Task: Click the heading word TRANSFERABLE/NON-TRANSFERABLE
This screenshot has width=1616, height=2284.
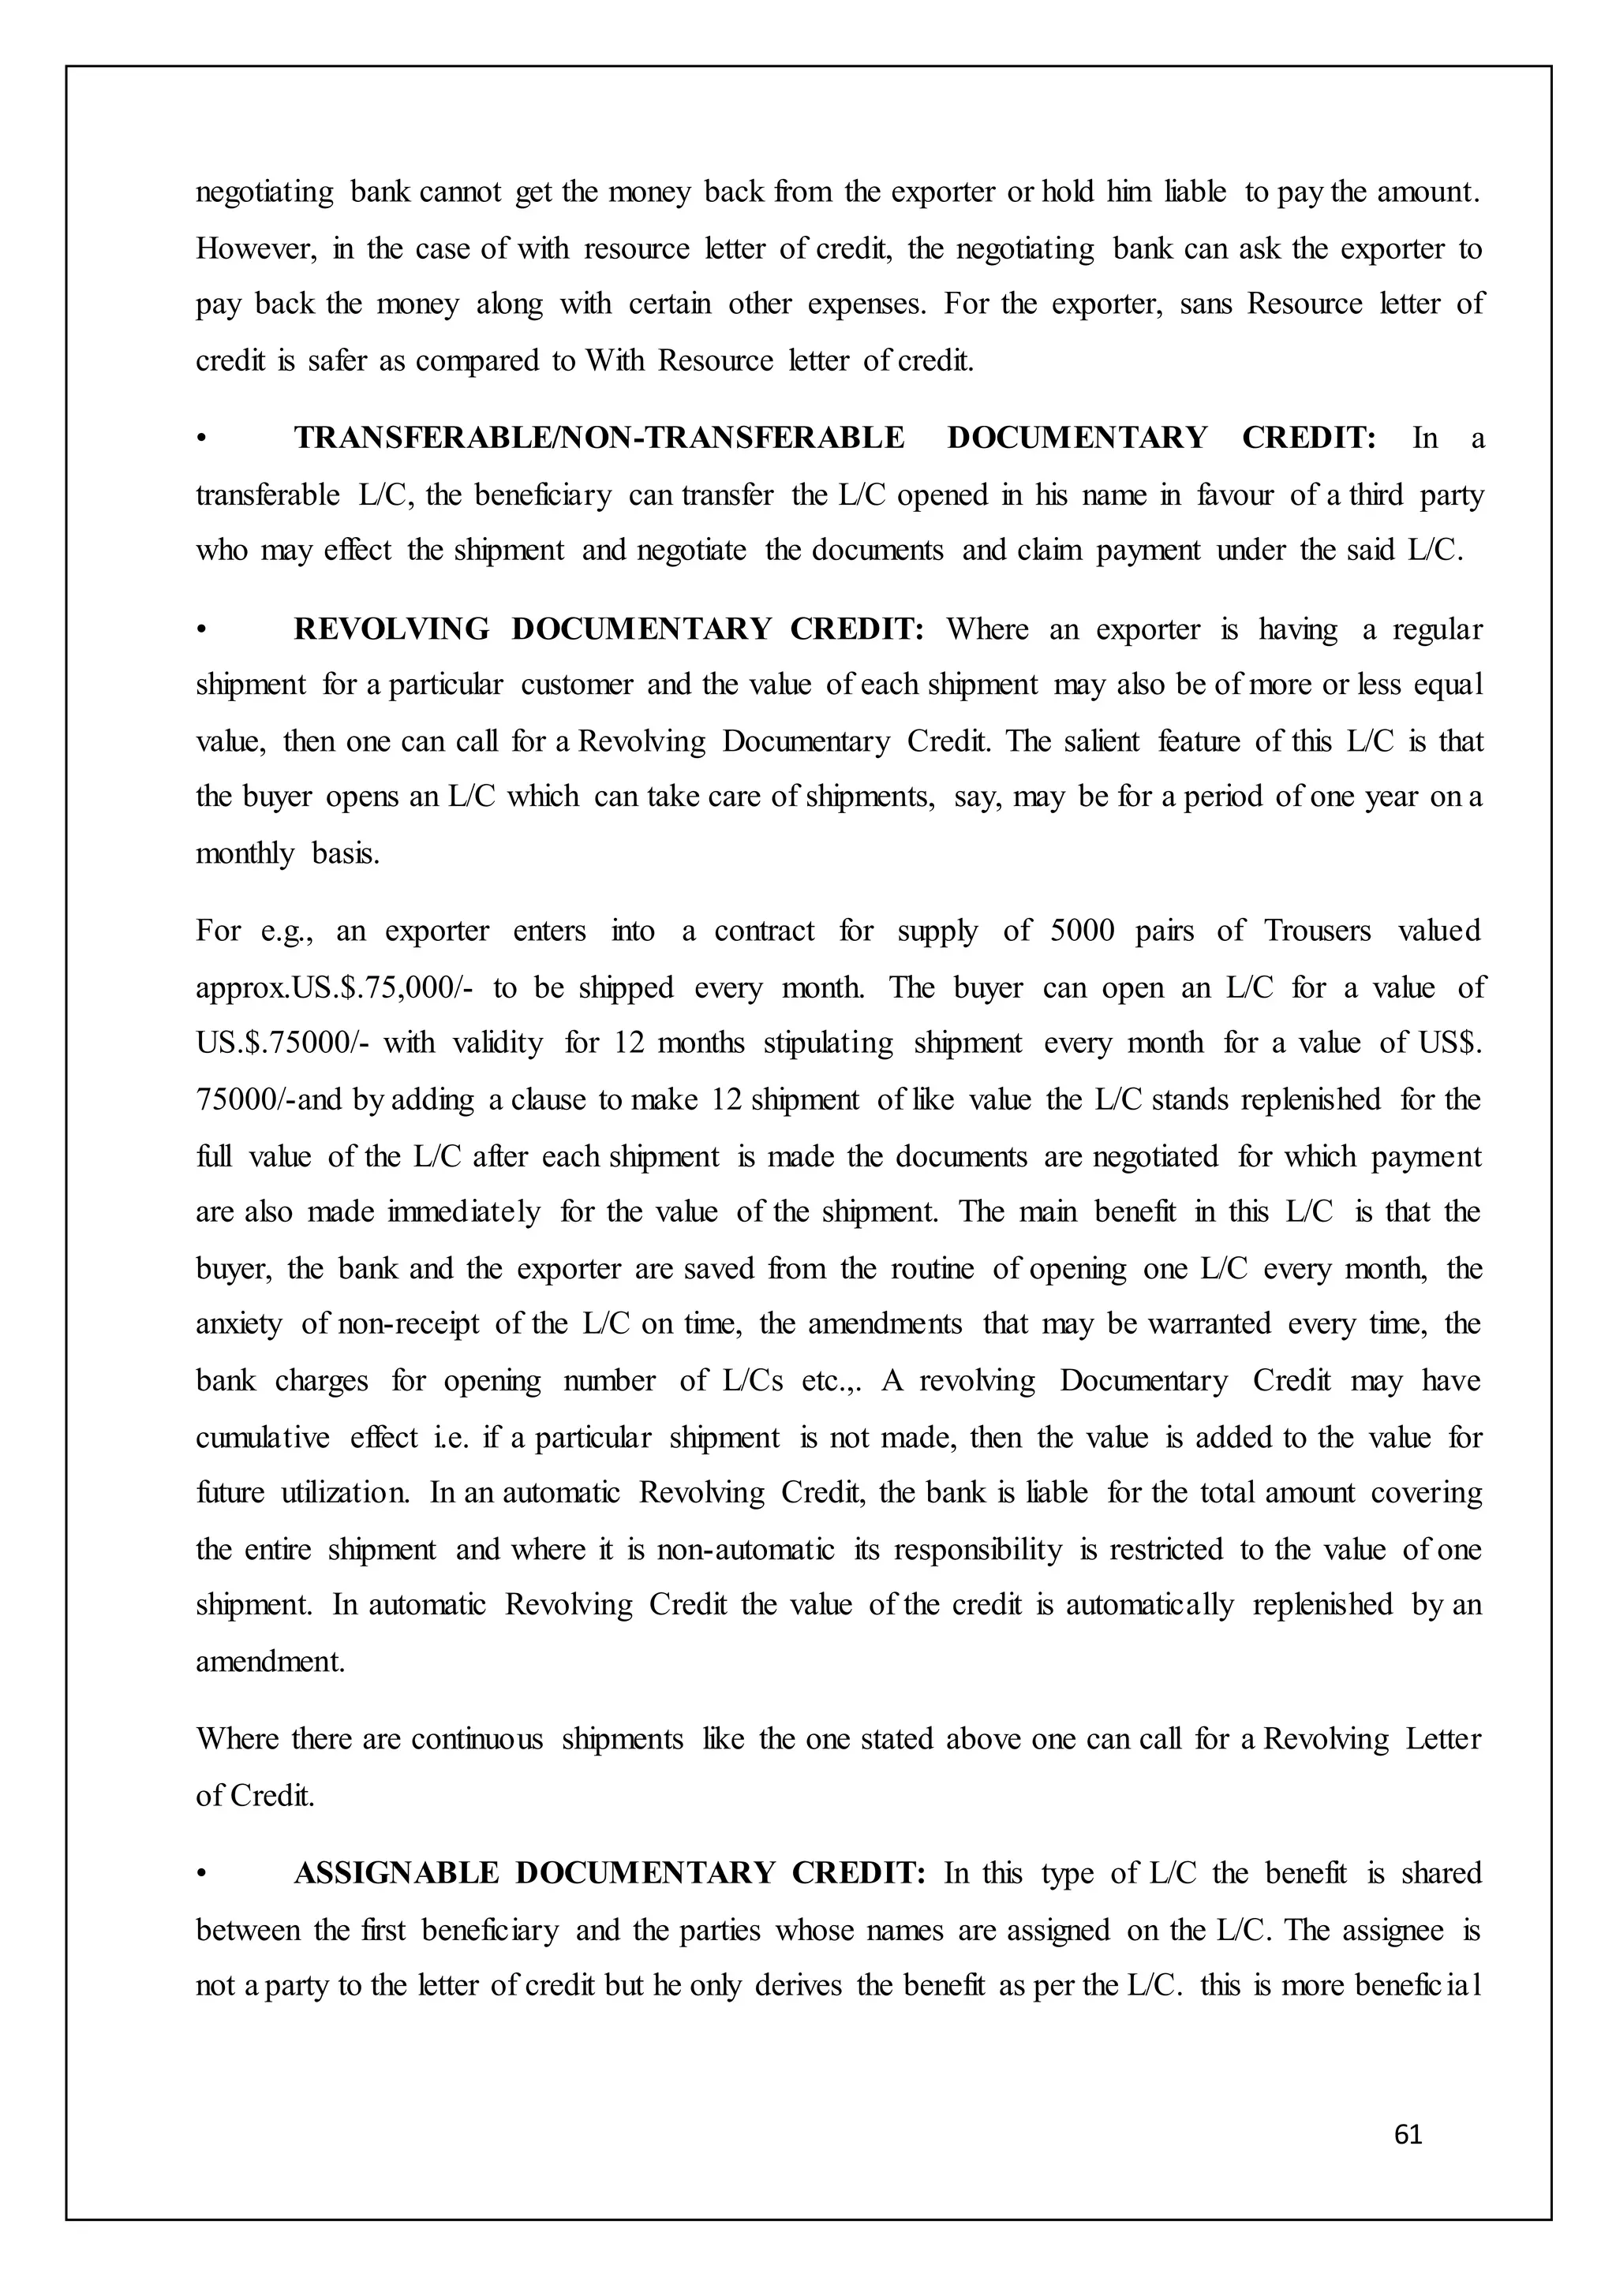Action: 599,438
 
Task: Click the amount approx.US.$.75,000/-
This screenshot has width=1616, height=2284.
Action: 335,987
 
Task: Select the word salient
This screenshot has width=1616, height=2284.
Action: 1099,742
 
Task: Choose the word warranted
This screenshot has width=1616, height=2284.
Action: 1209,1324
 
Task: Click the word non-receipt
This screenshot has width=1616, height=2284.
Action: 408,1324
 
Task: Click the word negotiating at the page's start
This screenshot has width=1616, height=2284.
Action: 264,192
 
